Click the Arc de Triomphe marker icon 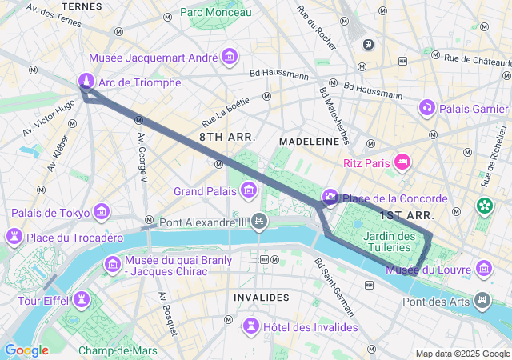pos(86,81)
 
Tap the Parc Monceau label pos(215,12)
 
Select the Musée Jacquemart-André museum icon pos(230,56)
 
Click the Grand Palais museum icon pos(249,190)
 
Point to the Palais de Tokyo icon pos(102,211)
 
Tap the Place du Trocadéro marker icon pos(14,237)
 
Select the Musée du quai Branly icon pos(113,264)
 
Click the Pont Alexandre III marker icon pos(258,221)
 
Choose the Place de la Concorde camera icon pos(330,198)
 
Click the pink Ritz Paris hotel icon pos(402,162)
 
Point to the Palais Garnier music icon pos(427,107)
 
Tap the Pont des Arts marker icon pos(482,300)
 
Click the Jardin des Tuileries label pos(389,242)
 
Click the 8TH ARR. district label pos(227,138)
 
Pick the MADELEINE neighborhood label pos(309,141)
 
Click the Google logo pos(26,350)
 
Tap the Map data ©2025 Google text pos(462,354)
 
